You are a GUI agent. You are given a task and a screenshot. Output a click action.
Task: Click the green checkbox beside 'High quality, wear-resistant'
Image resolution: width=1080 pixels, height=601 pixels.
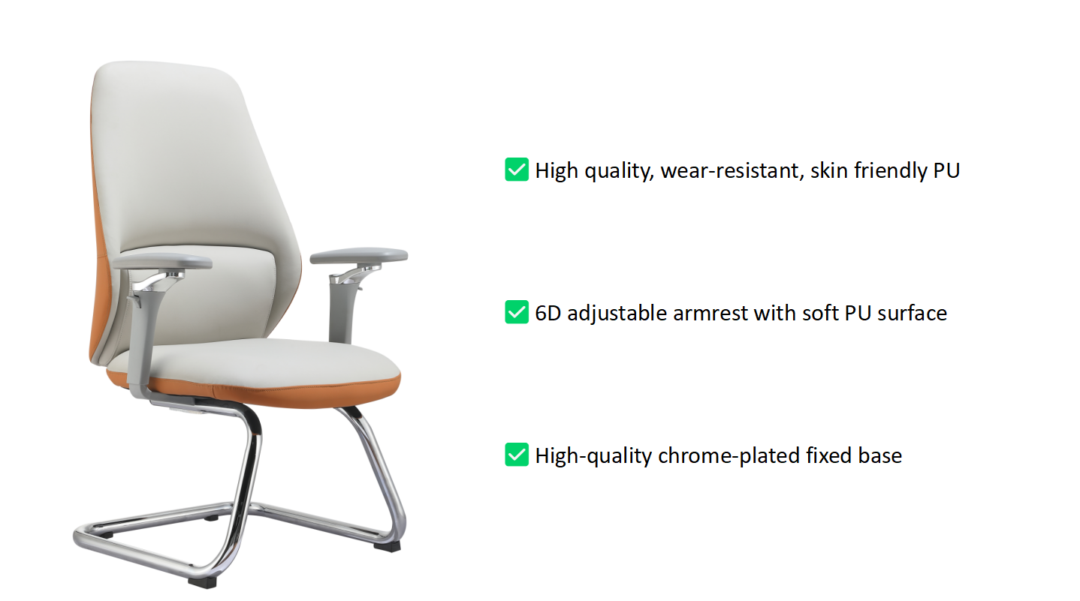point(517,170)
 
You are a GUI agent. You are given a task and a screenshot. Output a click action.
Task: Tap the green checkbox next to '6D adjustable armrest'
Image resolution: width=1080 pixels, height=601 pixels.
point(517,312)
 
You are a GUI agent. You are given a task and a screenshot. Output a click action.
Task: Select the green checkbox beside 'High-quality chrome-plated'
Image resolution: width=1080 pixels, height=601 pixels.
point(517,455)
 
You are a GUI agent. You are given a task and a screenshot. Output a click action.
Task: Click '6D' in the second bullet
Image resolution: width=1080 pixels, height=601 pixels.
point(548,314)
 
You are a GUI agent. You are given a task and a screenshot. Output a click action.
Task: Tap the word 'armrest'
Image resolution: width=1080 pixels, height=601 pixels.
point(710,314)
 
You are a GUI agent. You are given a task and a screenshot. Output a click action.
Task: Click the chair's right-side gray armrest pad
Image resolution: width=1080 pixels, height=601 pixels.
point(359,255)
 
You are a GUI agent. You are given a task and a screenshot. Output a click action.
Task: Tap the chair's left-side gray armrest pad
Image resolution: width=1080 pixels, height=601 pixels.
point(162,262)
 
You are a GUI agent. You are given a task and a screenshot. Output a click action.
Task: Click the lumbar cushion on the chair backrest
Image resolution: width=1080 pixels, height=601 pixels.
point(203,294)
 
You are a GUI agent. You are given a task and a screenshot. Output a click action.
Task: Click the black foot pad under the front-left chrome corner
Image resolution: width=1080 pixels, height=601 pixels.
point(202,583)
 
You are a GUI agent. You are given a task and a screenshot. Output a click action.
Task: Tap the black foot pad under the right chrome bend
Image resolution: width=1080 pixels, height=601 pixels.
point(387,546)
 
